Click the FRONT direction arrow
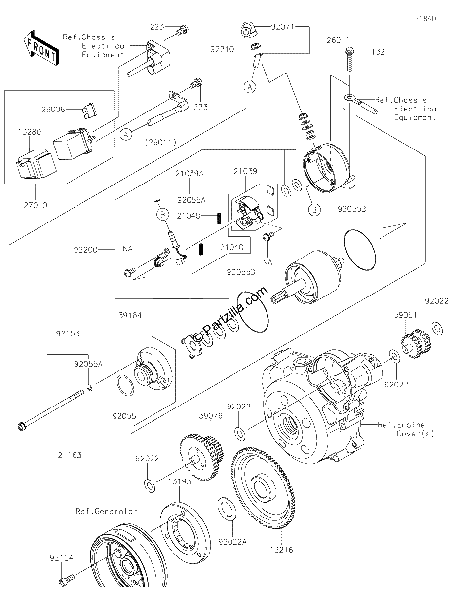pos(41,48)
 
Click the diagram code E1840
pos(425,19)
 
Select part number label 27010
pos(36,205)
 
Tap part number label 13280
pos(30,132)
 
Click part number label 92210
pos(222,49)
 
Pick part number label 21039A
pos(190,173)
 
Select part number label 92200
pos(85,250)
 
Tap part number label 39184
pos(130,315)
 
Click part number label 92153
pos(68,333)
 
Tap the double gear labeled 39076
pos(202,457)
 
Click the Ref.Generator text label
pos(106,511)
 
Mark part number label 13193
pos(179,481)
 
